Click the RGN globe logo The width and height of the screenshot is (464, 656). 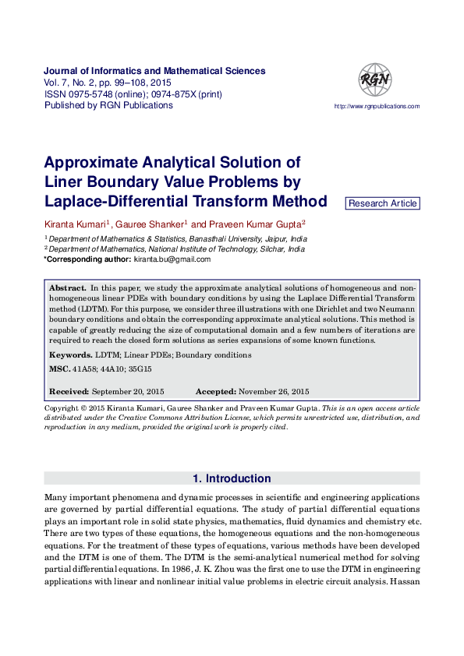pyautogui.click(x=375, y=80)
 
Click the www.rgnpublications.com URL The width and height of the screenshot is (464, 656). pyautogui.click(x=377, y=107)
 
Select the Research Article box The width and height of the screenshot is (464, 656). pyautogui.click(x=382, y=203)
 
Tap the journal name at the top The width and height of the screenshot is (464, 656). pyautogui.click(x=154, y=71)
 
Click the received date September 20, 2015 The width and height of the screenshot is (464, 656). pyautogui.click(x=128, y=391)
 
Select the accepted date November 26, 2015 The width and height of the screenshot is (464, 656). pyautogui.click(x=274, y=391)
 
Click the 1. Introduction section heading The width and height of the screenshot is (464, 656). pyautogui.click(x=232, y=478)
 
